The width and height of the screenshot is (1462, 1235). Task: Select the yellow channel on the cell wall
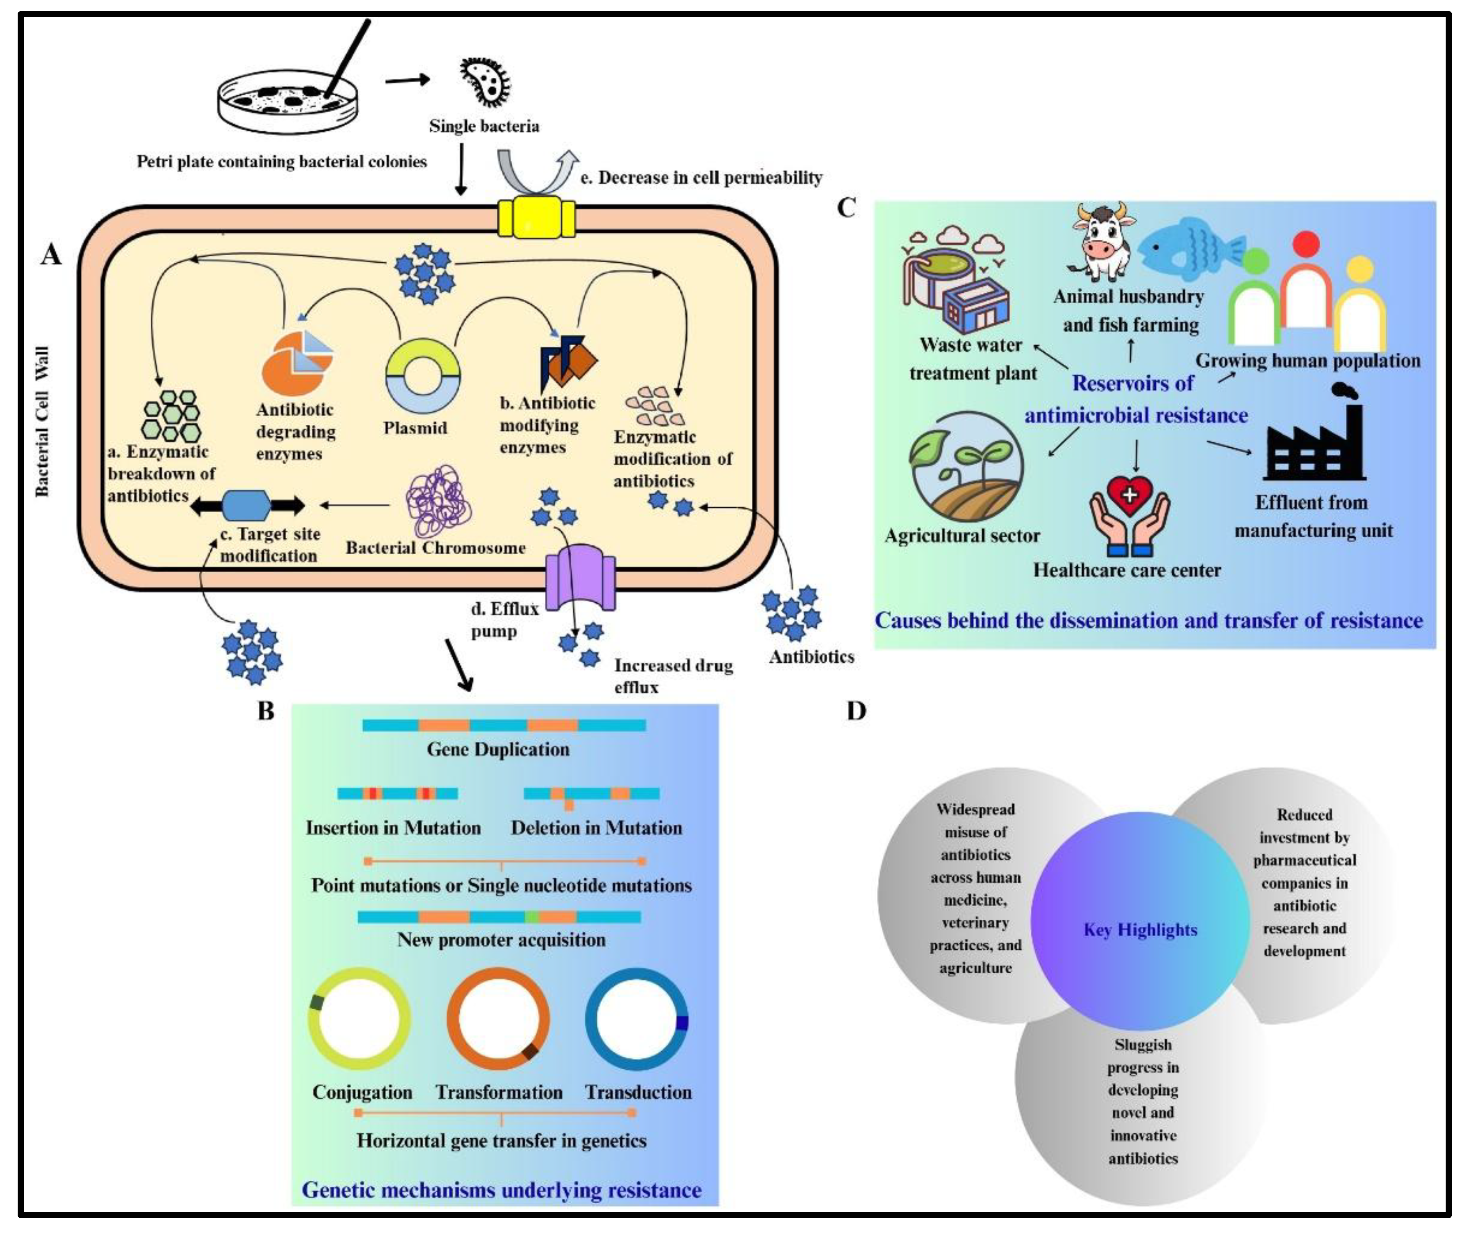pyautogui.click(x=536, y=218)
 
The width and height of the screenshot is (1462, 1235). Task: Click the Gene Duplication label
pyautogui.click(x=498, y=749)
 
